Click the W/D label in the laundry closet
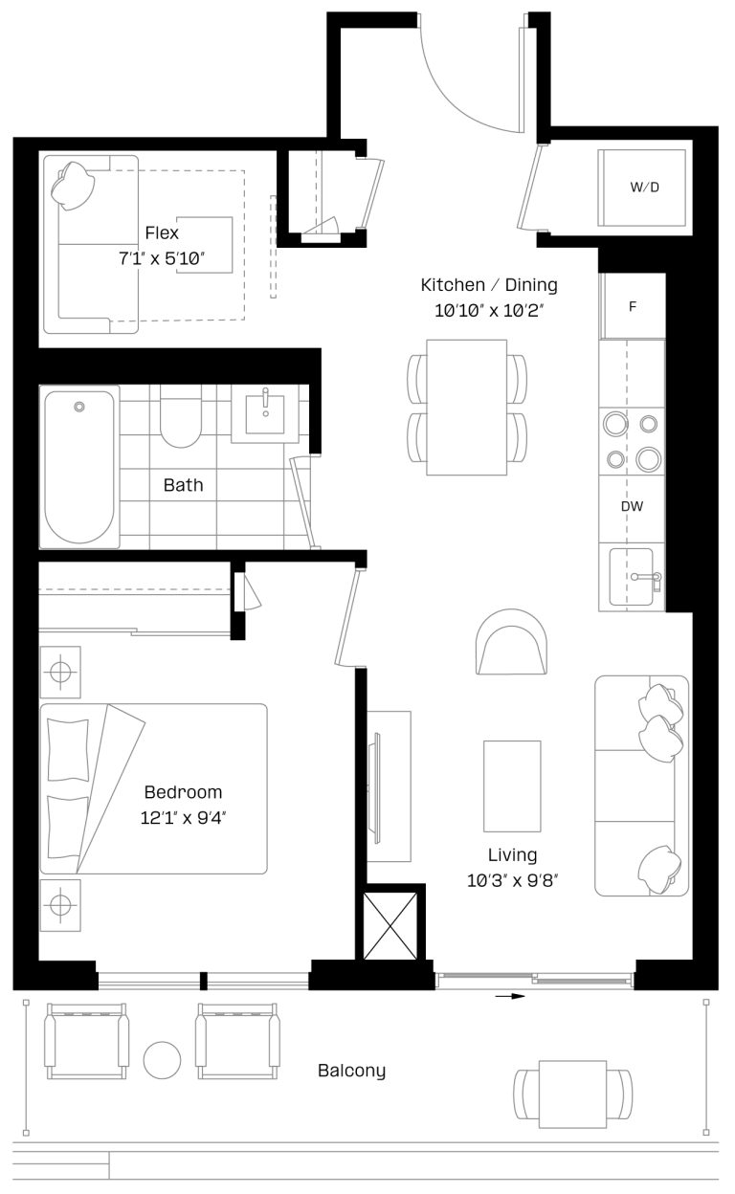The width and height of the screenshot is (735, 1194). coord(644,188)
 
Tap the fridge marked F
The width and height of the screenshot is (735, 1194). coord(632,307)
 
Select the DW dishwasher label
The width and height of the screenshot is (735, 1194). coord(631,506)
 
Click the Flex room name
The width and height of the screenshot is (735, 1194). coord(162,232)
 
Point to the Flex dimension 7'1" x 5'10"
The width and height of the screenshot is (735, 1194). coord(162,258)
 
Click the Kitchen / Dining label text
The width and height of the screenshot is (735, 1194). coord(489,285)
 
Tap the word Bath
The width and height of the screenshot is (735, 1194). coord(183,485)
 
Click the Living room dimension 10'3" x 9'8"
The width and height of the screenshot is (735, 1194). coord(512,880)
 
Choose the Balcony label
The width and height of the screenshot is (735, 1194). coord(351,1071)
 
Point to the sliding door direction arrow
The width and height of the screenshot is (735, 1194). coord(512,996)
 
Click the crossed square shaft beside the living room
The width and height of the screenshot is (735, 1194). coord(390,925)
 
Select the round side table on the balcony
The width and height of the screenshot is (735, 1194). coord(162,1059)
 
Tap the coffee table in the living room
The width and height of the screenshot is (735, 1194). coord(512,785)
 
